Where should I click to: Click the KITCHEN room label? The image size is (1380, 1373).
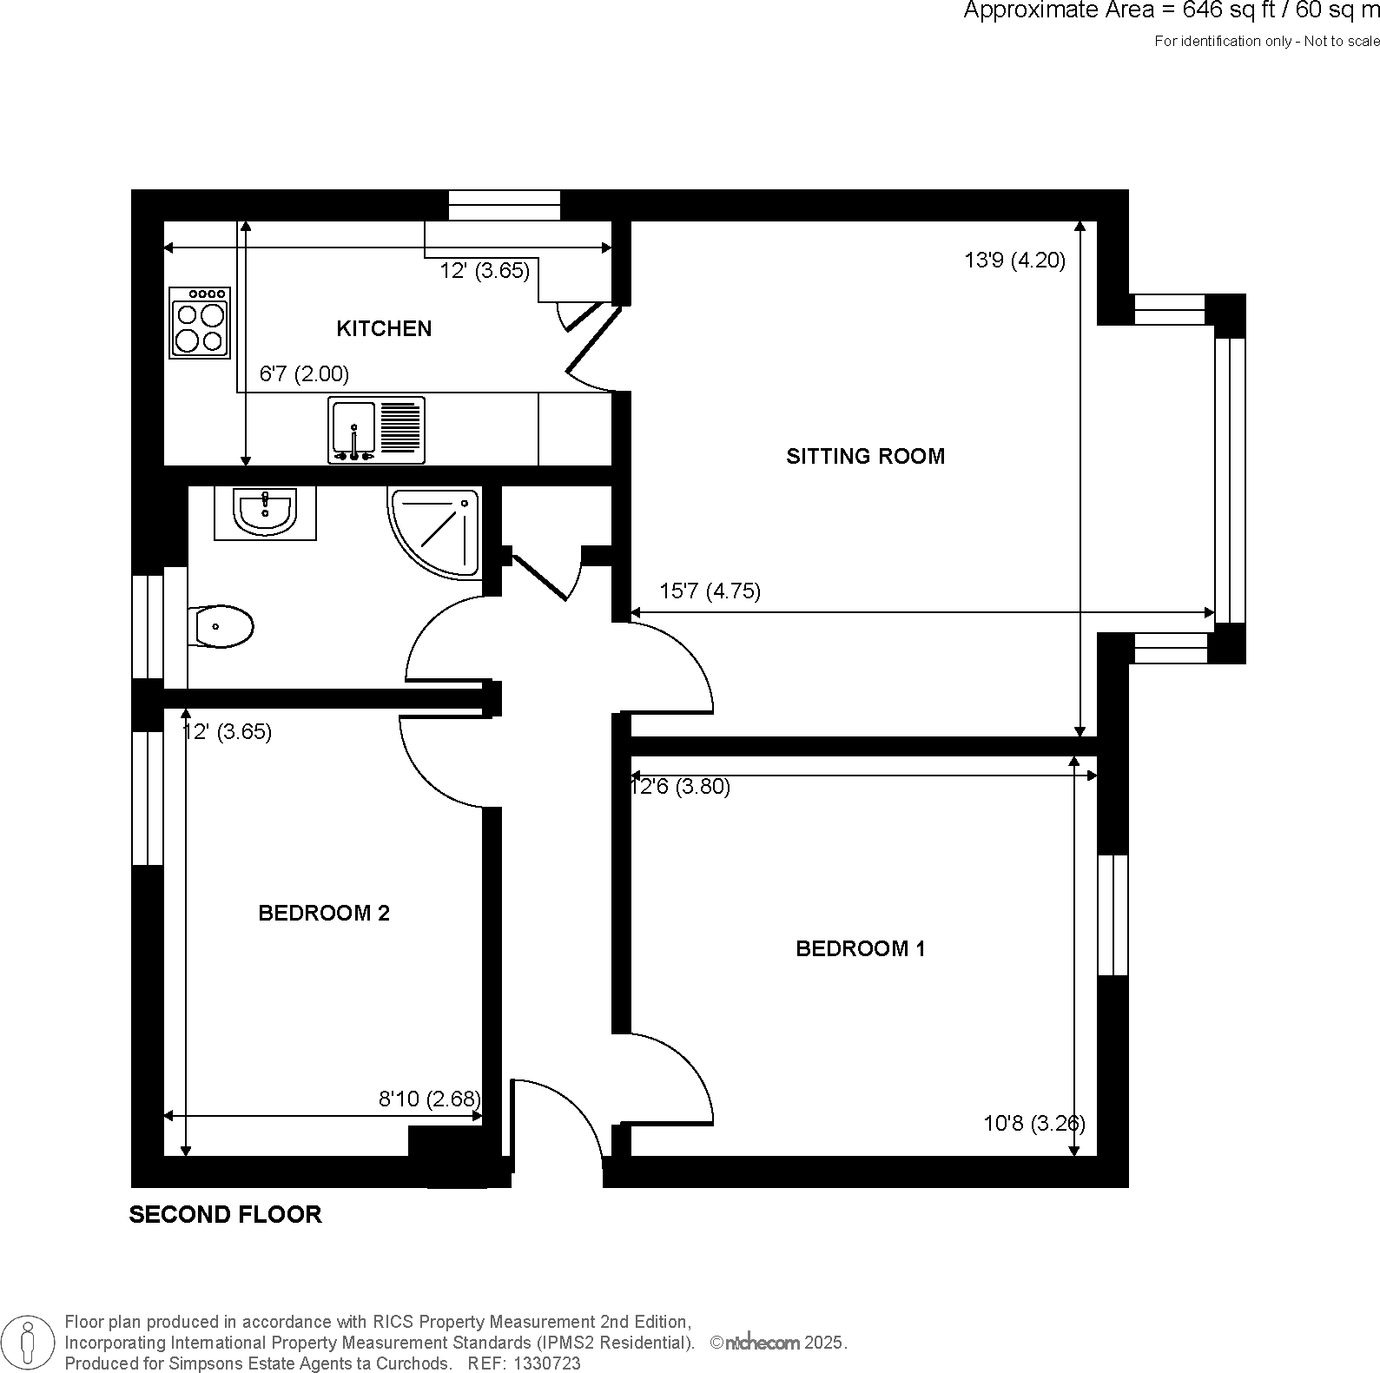click(x=383, y=328)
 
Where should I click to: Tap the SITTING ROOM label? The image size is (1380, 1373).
click(x=865, y=456)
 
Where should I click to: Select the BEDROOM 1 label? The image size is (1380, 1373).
click(x=860, y=948)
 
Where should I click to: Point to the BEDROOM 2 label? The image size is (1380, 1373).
click(x=324, y=913)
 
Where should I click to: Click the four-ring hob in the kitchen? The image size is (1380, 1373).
click(x=201, y=323)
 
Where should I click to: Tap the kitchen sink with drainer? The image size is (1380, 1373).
click(x=377, y=430)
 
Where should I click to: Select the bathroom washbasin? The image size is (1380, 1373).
click(x=265, y=512)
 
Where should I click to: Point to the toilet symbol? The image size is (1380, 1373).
click(x=220, y=625)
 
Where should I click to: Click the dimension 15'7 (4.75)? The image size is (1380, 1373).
click(x=710, y=591)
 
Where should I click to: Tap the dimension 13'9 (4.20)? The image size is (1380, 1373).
click(x=1014, y=260)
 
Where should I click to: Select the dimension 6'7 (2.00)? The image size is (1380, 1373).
click(x=304, y=374)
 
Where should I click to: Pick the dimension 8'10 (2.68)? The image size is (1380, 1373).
click(x=429, y=1099)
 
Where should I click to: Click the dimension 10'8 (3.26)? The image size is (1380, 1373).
click(x=1033, y=1123)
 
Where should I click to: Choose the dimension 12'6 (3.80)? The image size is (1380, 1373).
click(x=680, y=787)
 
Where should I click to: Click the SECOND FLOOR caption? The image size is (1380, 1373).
click(x=225, y=1214)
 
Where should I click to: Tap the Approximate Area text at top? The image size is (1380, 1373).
click(x=1171, y=11)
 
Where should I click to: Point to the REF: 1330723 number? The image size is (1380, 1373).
click(x=524, y=1363)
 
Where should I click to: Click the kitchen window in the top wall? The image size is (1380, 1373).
click(x=505, y=205)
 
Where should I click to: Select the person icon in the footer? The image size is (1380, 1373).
click(x=29, y=1342)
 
